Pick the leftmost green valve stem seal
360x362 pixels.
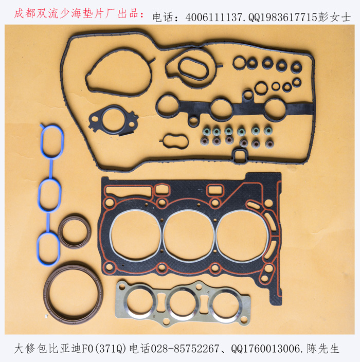[x=206, y=131]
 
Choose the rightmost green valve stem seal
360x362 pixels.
[x=268, y=131]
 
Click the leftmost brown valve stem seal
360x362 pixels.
[x=204, y=141]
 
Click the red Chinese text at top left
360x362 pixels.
[x=79, y=13]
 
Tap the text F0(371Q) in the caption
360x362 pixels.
[x=104, y=349]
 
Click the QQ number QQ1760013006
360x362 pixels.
[x=266, y=349]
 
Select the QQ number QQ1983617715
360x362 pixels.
[x=283, y=17]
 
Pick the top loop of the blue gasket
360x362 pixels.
[x=42, y=141]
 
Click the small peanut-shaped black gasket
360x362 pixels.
[x=164, y=141]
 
